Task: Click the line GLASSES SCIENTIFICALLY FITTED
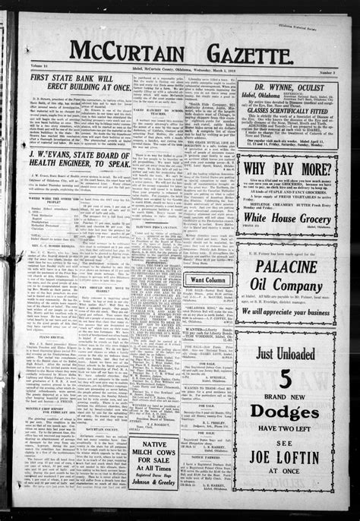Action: tap(286, 109)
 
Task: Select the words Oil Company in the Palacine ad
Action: tap(286, 286)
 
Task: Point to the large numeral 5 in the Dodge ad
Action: tap(286, 380)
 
